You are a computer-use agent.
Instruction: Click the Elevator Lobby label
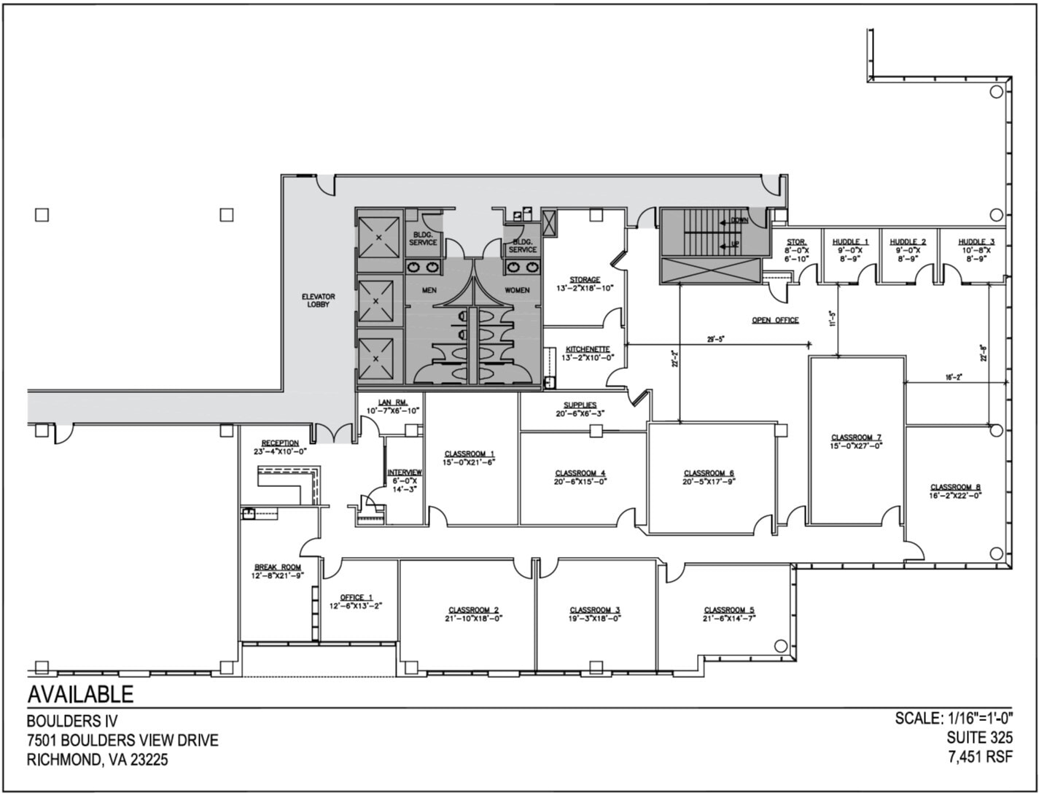pos(318,300)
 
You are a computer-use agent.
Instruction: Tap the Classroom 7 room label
pos(857,437)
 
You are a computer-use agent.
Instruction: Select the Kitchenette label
pos(588,349)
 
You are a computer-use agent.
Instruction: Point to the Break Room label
pos(277,567)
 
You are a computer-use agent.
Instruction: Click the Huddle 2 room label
pos(908,242)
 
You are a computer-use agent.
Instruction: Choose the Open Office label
pos(775,320)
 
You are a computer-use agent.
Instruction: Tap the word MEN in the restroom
pos(429,290)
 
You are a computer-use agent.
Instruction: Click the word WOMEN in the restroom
pos(517,290)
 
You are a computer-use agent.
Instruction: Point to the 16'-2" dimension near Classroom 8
pos(954,377)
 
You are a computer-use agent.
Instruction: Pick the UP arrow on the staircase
pos(729,244)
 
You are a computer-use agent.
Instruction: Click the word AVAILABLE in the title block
pos(80,694)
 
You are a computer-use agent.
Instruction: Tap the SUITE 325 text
pos(979,738)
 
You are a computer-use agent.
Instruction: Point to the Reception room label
pos(280,443)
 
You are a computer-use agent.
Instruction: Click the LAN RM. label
pos(392,402)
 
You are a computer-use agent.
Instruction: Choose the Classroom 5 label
pos(728,610)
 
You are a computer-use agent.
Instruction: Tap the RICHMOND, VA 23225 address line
pos(97,760)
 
